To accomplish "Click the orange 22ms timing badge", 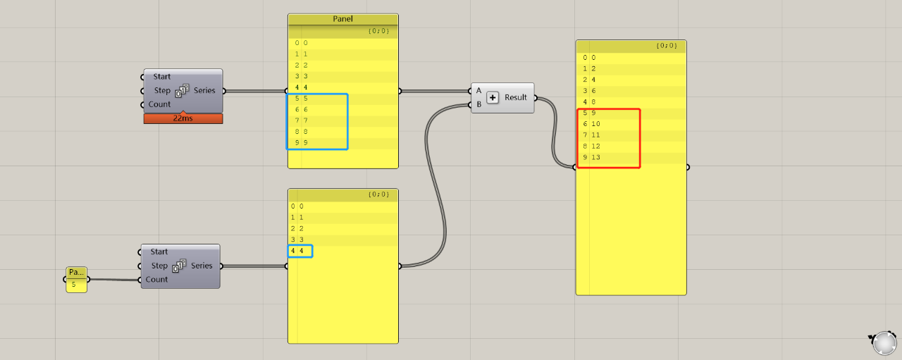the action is [x=183, y=118].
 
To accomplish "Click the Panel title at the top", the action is [x=342, y=19].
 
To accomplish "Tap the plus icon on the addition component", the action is [x=493, y=97].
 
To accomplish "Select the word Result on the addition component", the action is [x=515, y=97].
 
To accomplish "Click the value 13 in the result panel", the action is [x=595, y=157].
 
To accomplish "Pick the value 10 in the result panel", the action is [x=595, y=124].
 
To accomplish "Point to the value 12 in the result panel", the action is [x=595, y=146].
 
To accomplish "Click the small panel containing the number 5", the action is [x=77, y=280].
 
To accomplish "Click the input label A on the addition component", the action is [x=478, y=91].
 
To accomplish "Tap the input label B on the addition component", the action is [x=478, y=104].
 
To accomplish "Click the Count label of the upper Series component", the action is [x=159, y=104].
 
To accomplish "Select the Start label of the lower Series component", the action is [x=159, y=252].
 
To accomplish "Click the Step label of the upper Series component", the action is [x=162, y=91].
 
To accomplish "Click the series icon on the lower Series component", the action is [x=180, y=266].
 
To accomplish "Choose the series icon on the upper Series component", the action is [x=183, y=91].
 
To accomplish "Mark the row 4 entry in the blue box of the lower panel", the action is [x=300, y=251].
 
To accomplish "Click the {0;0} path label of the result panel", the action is [x=667, y=46].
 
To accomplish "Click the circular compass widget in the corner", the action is [x=884, y=344].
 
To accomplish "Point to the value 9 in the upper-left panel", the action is [x=306, y=142].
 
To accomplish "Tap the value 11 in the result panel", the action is [x=595, y=135].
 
